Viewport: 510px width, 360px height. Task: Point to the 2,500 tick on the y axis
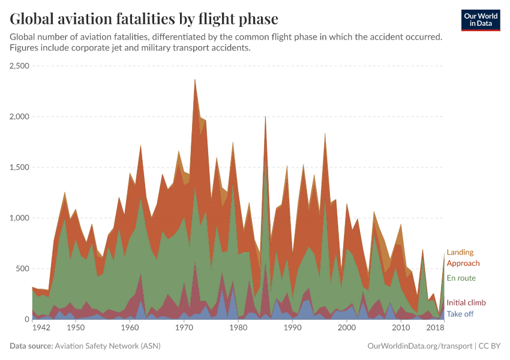pyautogui.click(x=19, y=66)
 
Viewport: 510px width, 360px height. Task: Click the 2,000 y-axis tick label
pyautogui.click(x=19, y=116)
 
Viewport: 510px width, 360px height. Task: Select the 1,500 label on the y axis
pyautogui.click(x=19, y=167)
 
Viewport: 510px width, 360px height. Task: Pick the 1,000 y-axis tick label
pyautogui.click(x=19, y=218)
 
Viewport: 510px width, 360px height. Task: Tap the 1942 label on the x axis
pyautogui.click(x=41, y=328)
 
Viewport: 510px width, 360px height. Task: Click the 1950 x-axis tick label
pyautogui.click(x=75, y=328)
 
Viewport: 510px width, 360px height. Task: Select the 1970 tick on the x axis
pyautogui.click(x=184, y=328)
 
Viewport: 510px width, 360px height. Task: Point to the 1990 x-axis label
pyautogui.click(x=292, y=328)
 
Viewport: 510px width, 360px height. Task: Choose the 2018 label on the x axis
pyautogui.click(x=435, y=328)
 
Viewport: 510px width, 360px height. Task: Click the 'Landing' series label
pyautogui.click(x=460, y=253)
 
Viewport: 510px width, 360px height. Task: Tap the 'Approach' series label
pyautogui.click(x=463, y=263)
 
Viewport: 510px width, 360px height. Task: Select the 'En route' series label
pyautogui.click(x=461, y=278)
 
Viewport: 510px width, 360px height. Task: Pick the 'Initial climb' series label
pyautogui.click(x=466, y=303)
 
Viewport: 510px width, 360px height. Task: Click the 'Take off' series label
pyautogui.click(x=460, y=314)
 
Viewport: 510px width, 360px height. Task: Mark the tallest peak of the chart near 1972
pyautogui.click(x=195, y=80)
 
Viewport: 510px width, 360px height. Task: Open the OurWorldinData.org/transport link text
pyautogui.click(x=418, y=346)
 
